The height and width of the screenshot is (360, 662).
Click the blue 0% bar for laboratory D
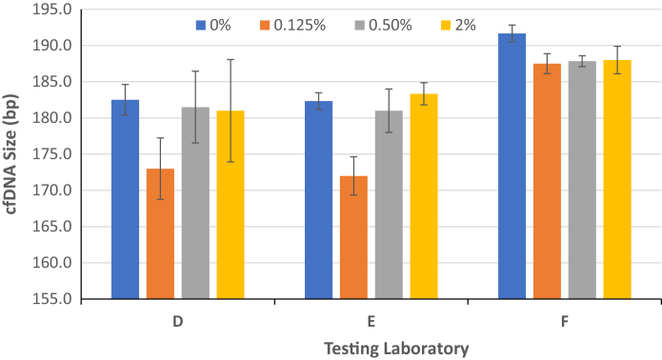[x=125, y=199]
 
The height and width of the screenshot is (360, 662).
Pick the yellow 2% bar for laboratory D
[x=231, y=205]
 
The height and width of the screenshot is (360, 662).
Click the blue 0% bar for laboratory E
[x=318, y=200]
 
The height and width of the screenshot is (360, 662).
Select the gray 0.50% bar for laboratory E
[x=389, y=205]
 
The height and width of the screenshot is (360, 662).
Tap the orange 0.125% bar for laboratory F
[x=547, y=181]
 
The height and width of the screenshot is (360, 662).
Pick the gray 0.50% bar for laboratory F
[x=582, y=180]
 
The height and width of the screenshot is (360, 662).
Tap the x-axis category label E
[x=371, y=322]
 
